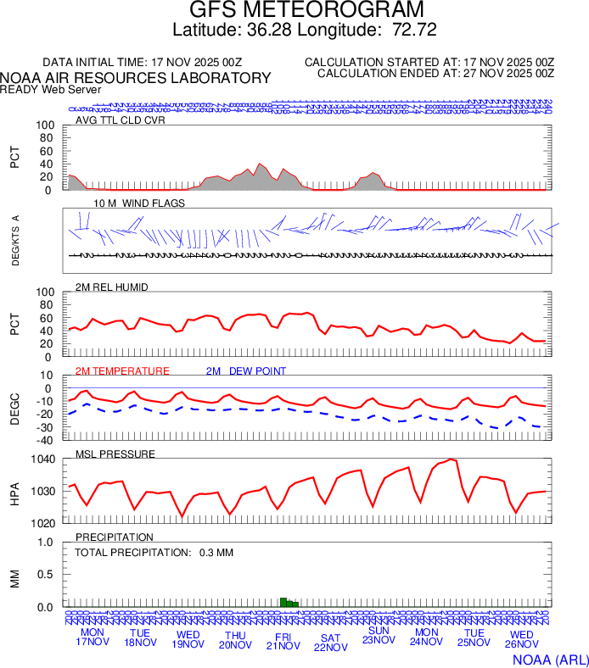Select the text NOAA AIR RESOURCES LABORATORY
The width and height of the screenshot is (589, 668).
(x=136, y=78)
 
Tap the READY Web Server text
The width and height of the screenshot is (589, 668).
(x=50, y=89)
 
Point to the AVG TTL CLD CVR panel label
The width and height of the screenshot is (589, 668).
(x=120, y=120)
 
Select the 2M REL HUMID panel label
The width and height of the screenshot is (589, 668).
(x=111, y=287)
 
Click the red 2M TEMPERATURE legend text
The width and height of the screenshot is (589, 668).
(x=122, y=371)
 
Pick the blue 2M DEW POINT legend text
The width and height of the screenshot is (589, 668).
(x=246, y=371)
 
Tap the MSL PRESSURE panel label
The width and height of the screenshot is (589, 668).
(x=115, y=454)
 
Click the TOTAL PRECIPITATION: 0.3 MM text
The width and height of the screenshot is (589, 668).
(x=154, y=553)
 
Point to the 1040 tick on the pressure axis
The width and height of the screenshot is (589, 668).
(x=44, y=459)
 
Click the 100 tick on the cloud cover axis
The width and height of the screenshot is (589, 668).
(x=45, y=125)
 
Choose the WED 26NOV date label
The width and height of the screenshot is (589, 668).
(x=521, y=640)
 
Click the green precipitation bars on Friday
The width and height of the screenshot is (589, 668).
(x=289, y=602)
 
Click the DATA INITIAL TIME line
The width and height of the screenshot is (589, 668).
(x=143, y=63)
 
